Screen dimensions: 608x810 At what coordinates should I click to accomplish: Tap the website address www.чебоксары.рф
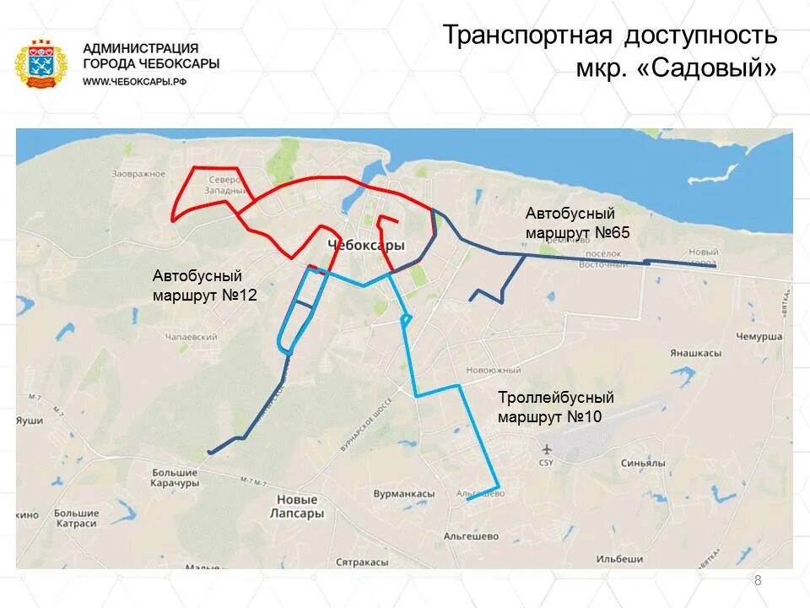click(x=134, y=81)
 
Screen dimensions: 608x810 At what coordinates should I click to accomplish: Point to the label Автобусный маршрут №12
click(x=204, y=285)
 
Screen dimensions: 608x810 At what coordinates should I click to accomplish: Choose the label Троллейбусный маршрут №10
click(x=555, y=407)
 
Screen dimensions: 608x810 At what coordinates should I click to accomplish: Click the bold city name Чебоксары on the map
click(x=364, y=245)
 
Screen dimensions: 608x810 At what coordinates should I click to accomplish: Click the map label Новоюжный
click(x=494, y=370)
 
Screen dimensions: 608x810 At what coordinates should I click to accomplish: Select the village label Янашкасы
click(x=695, y=353)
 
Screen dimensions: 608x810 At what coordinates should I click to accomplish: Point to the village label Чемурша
click(x=759, y=336)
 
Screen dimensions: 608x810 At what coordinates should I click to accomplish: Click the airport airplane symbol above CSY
click(x=547, y=448)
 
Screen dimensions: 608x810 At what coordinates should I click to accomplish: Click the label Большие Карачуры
click(x=175, y=478)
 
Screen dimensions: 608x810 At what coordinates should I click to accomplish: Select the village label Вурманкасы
click(x=404, y=494)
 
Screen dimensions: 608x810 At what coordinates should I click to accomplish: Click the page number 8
click(x=757, y=580)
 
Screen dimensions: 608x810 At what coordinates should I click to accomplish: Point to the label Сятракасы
click(x=362, y=562)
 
